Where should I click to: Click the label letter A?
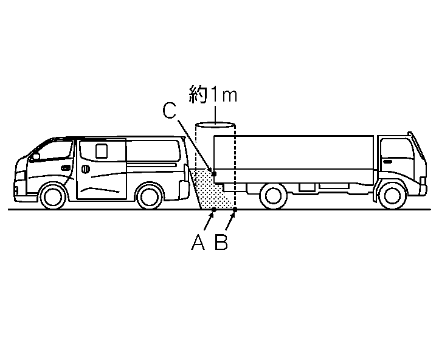(x=198, y=243)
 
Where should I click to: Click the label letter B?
(x=221, y=243)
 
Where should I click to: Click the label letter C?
(x=170, y=111)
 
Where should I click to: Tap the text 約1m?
(x=212, y=95)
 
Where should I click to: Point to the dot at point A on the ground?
(x=213, y=210)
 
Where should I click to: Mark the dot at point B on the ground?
(x=235, y=210)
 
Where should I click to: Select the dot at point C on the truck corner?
(x=214, y=174)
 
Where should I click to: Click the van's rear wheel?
(x=149, y=196)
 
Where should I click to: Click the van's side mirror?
(x=36, y=156)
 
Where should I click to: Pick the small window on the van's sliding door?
(x=102, y=150)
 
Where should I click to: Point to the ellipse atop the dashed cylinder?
(x=215, y=126)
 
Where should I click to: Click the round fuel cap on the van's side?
(x=86, y=167)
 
